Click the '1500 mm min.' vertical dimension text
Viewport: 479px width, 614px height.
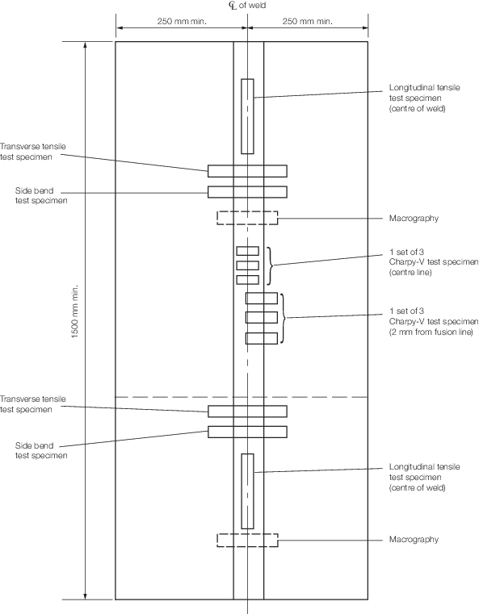75,311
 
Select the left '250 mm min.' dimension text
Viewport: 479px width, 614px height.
182,21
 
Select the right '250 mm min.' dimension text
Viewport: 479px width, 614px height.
307,21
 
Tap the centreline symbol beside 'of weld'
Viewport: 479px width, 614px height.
233,6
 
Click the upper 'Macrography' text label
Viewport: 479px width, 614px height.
414,219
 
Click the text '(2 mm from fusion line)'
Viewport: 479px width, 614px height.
431,332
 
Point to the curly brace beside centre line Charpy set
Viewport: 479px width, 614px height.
270,265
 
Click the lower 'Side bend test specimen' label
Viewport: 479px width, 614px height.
41,450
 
